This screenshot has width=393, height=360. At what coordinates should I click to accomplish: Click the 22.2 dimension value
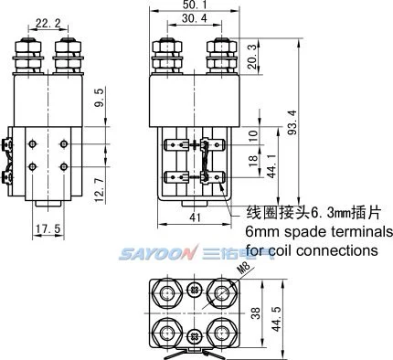48,23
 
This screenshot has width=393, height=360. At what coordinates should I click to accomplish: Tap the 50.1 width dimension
195,5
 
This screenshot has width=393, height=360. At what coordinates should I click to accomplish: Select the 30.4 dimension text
195,18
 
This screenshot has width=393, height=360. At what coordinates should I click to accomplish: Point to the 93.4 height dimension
292,122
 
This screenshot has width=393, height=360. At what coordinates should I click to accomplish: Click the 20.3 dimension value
252,57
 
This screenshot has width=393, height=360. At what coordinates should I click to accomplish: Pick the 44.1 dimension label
271,165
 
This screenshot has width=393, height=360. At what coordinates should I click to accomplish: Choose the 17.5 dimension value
48,228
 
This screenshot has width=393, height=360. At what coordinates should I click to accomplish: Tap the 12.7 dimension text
100,190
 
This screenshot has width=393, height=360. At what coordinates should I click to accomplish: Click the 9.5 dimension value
100,98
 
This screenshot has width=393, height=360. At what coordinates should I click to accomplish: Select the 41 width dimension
195,217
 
